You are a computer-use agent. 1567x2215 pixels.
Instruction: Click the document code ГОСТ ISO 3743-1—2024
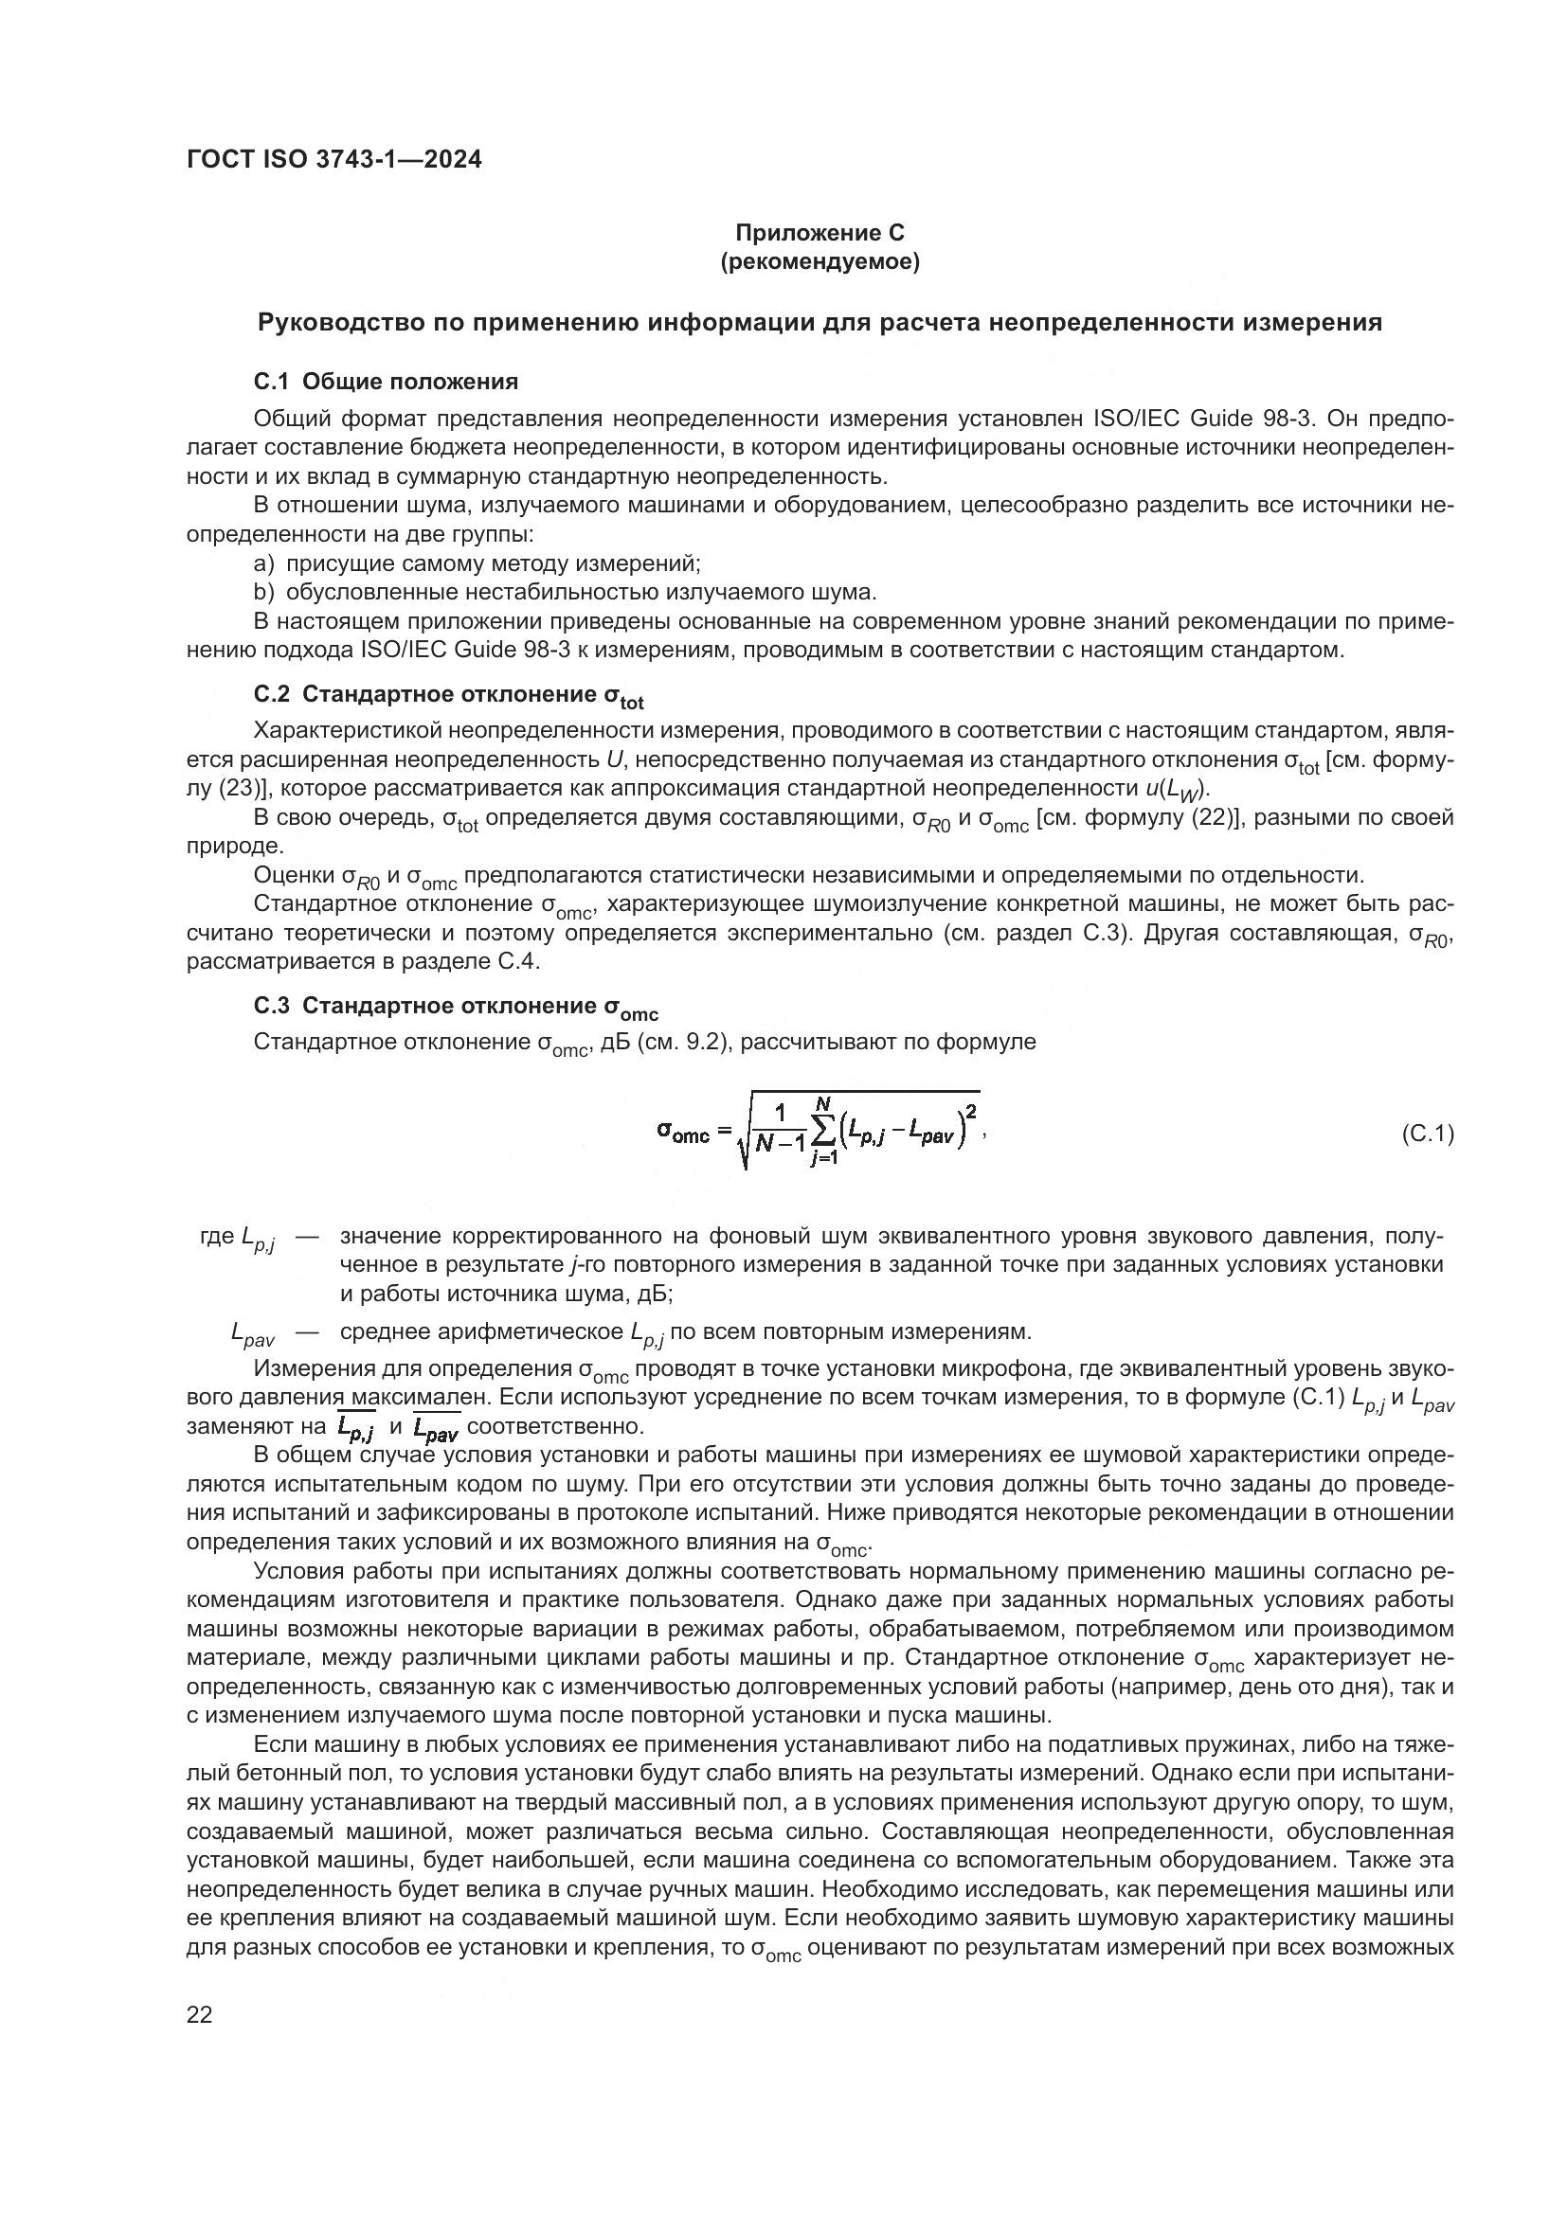pos(333,160)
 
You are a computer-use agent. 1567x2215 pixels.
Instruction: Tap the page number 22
pos(199,2014)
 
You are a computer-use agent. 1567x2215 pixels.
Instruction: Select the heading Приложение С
pos(820,233)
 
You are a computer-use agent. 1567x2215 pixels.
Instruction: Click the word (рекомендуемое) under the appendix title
pos(820,261)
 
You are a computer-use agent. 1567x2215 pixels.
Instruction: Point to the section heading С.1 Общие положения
pos(386,382)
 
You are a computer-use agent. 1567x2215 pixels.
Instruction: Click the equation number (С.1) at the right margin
pos(1427,1134)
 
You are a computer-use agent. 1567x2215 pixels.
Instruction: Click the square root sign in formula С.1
pos(742,1138)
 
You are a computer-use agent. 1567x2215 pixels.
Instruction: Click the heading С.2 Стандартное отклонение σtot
pos(449,697)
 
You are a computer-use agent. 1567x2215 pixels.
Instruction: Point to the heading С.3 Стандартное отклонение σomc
pos(456,1008)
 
